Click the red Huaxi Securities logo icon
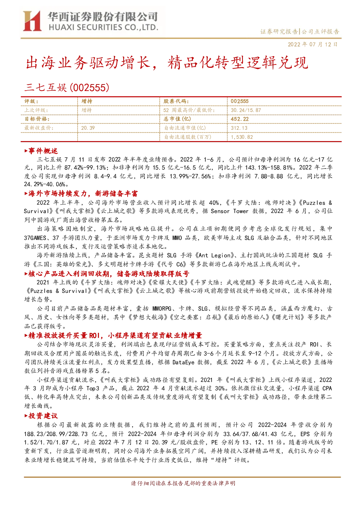32,21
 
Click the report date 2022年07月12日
313,44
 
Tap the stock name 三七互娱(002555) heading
67,87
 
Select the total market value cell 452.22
240,119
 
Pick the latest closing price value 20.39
88,128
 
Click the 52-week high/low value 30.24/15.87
246,110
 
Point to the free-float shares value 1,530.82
242,137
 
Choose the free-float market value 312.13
239,128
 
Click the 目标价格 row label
37,119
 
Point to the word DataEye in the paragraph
183,362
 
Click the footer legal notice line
183,483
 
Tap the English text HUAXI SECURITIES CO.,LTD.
103,28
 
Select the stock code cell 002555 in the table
240,102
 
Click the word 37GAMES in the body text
35,238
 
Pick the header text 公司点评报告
320,32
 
